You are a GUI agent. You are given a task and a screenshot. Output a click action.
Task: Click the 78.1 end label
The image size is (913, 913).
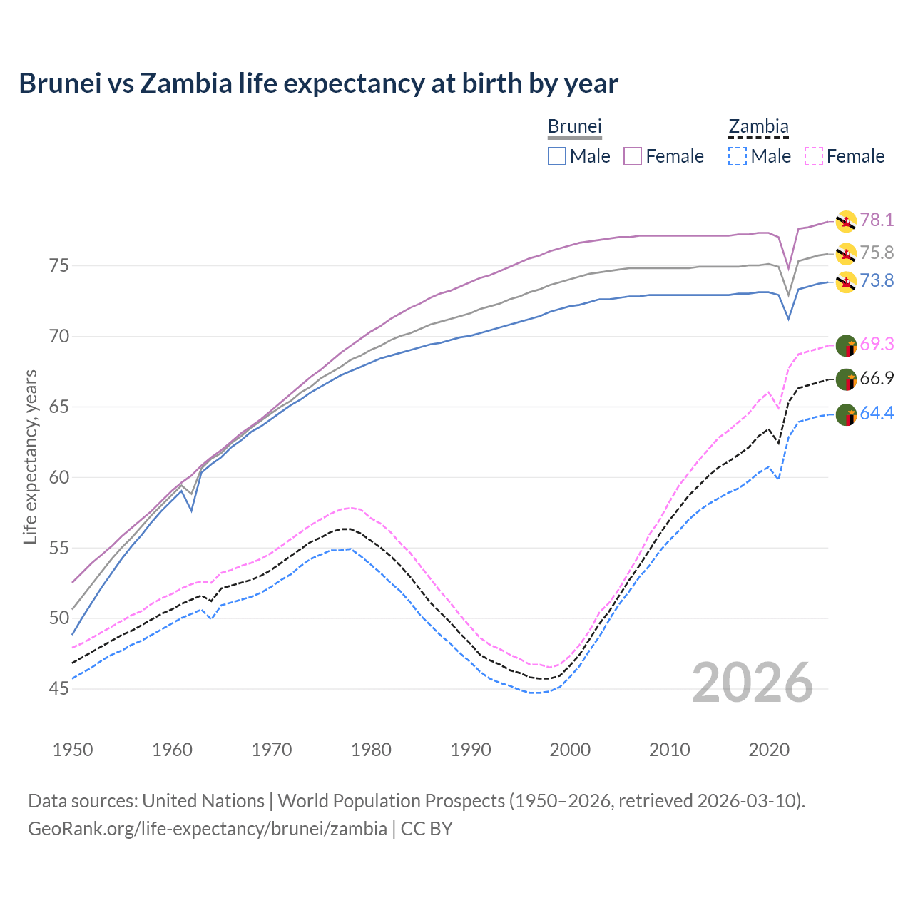tap(877, 220)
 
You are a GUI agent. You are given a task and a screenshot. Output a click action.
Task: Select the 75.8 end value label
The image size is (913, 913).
tap(877, 253)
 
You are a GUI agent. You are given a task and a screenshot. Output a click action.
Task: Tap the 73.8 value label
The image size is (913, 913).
tap(877, 280)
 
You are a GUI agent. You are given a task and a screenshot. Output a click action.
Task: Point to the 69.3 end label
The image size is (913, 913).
tap(877, 344)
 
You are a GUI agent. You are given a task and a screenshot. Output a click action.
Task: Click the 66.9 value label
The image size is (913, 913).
tap(877, 378)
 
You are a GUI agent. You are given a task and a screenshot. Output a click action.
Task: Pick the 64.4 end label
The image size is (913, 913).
tap(877, 413)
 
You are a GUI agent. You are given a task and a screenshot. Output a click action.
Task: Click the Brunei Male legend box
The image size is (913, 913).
tap(557, 156)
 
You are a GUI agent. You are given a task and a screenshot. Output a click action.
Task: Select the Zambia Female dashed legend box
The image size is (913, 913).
tap(814, 156)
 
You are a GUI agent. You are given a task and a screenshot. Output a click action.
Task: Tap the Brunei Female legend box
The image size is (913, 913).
tap(633, 156)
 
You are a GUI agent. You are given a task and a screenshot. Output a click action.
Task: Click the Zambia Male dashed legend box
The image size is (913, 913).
tap(738, 156)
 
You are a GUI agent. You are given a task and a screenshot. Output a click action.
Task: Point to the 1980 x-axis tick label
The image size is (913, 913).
tap(371, 750)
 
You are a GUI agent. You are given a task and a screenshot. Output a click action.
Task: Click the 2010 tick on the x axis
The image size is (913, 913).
tap(669, 750)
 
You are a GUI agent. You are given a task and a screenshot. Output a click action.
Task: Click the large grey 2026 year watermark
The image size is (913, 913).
tap(753, 683)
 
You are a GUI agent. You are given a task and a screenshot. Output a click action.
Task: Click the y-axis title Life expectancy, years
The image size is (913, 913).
tap(30, 456)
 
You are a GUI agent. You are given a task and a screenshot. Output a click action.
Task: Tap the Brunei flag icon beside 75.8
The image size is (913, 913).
tap(846, 253)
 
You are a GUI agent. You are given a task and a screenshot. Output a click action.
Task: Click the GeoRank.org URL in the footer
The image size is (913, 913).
tap(207, 829)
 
